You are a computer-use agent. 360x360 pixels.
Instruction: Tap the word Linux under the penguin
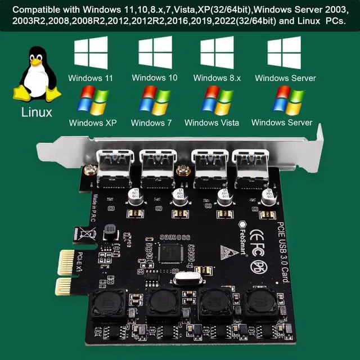[x=37, y=112]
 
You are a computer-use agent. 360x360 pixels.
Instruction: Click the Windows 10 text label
[x=155, y=78]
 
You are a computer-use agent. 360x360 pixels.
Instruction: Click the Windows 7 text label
[x=151, y=123]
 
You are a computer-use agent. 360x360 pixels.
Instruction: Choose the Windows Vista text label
[x=211, y=123]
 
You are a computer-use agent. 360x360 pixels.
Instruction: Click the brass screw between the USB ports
[x=182, y=171]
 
